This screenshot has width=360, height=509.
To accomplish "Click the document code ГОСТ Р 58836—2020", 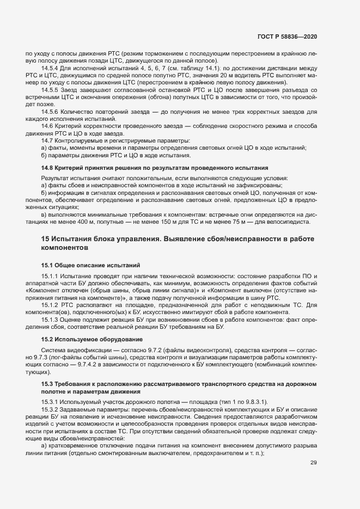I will pos(286,37).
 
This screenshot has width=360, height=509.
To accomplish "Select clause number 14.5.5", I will pos(50,89).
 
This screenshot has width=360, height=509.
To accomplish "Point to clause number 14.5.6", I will pos(50,112).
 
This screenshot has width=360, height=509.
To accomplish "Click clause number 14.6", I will pos(47,126).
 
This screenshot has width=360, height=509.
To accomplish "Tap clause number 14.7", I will pos(47,141).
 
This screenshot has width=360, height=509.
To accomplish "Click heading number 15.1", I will pos(47,265).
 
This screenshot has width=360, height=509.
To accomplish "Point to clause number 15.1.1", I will pos(50,277).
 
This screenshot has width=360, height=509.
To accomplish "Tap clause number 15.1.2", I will pos(50,306).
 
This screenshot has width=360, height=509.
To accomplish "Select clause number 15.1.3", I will pos(50,321).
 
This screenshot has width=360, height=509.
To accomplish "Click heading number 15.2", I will pos(47,339).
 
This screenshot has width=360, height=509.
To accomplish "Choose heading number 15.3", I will pos(47,385).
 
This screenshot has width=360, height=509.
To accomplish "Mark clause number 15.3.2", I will pos(50,409).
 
